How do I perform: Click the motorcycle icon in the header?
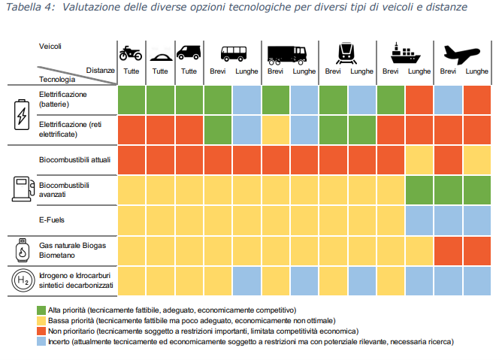[132, 53]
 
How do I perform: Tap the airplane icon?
[462, 53]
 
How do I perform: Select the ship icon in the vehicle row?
[404, 53]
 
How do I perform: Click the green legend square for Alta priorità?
[41, 310]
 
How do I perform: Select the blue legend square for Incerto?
[41, 341]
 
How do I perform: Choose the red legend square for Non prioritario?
[41, 331]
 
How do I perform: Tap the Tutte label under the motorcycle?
[132, 71]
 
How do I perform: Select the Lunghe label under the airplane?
[476, 71]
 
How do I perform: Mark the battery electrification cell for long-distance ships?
[419, 101]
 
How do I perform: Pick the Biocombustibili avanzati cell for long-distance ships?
[419, 189]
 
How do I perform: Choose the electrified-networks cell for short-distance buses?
[218, 129]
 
